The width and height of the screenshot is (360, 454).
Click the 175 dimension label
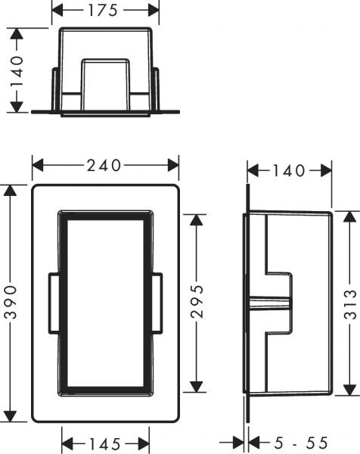pos(106,11)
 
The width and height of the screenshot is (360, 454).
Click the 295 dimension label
pos(198,303)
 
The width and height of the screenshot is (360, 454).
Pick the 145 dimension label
pos(105,443)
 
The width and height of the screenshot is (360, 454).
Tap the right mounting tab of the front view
pos(157,303)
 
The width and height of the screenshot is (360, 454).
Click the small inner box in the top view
pos(106,83)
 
